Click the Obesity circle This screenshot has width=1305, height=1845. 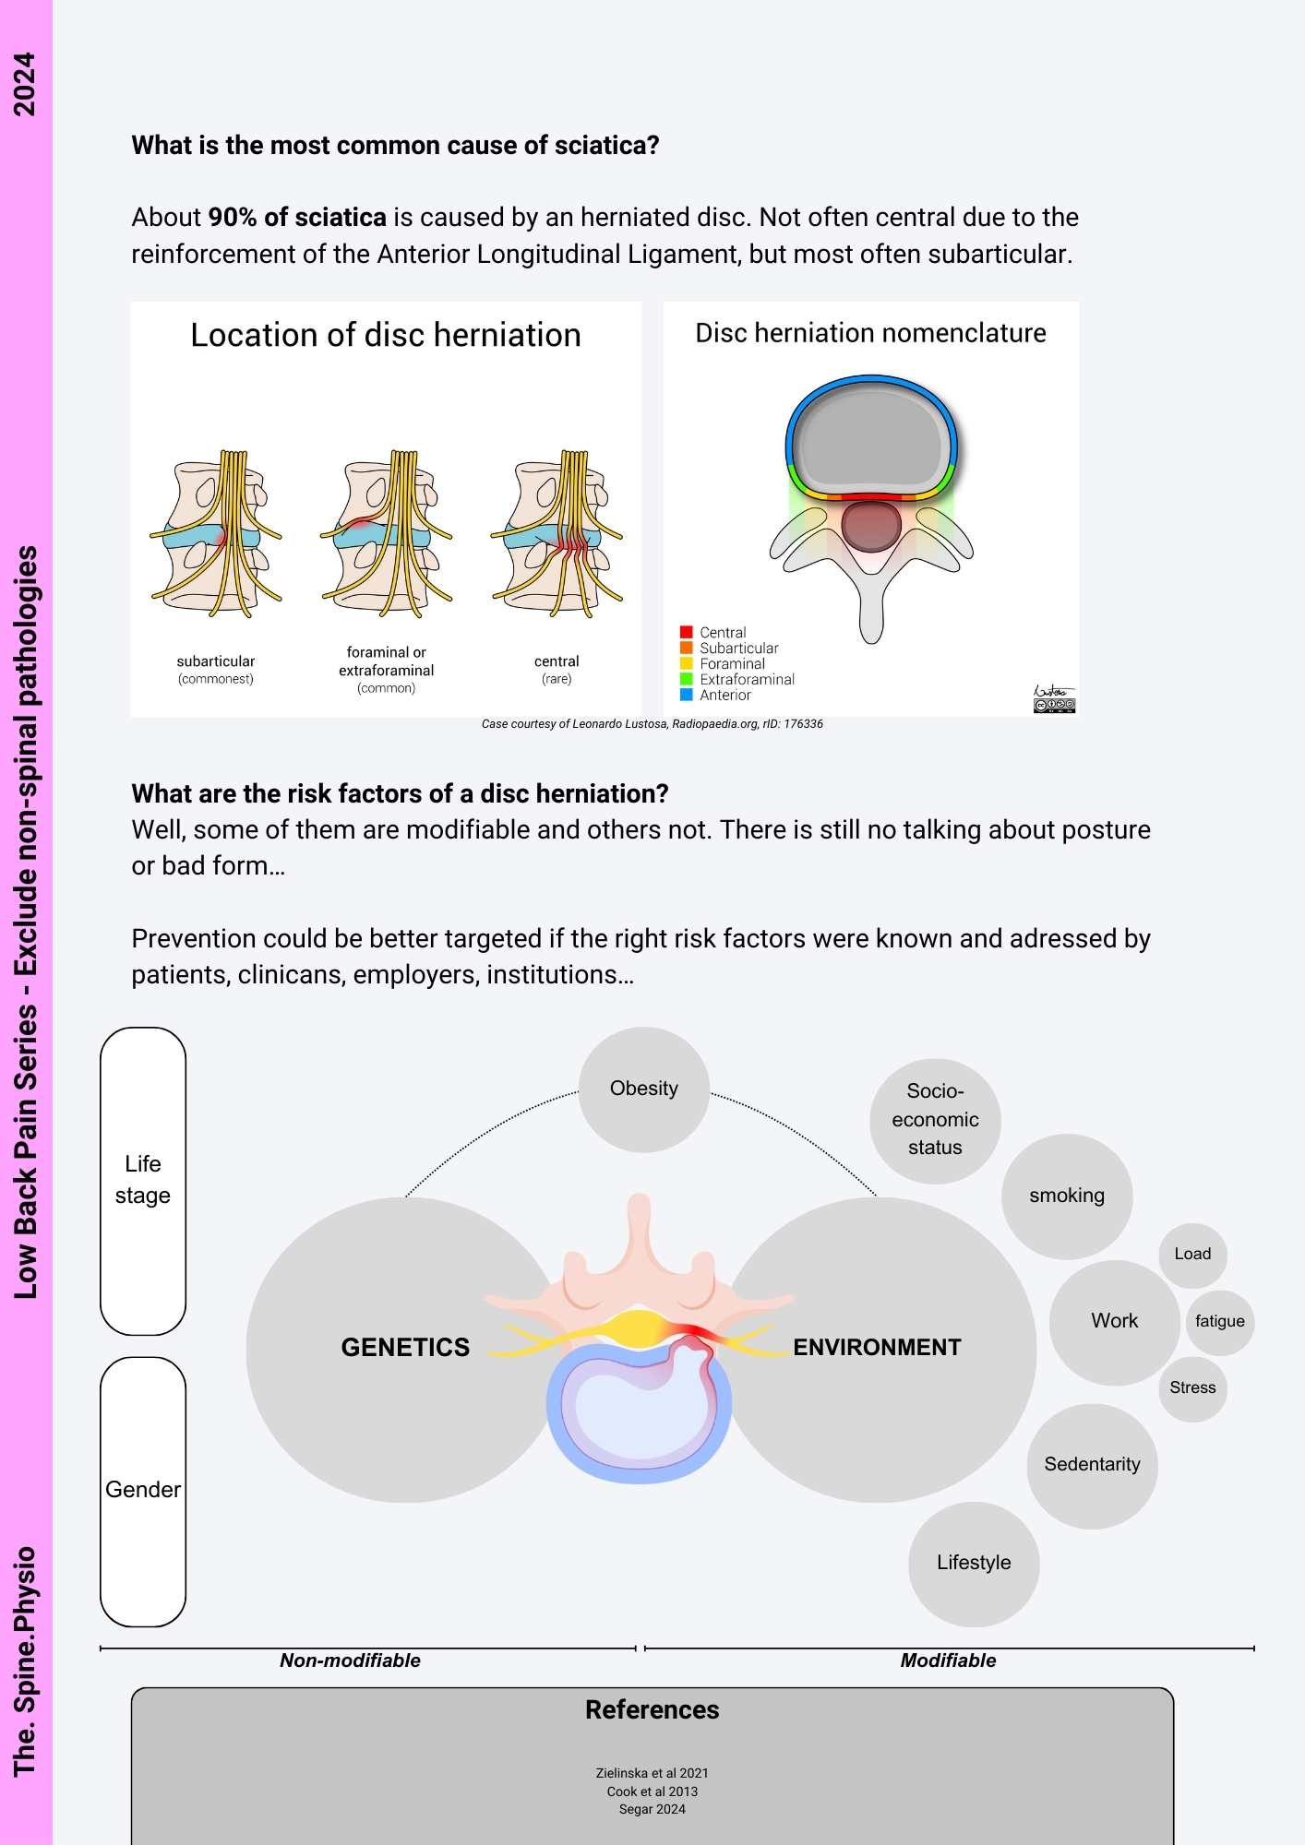pyautogui.click(x=643, y=1089)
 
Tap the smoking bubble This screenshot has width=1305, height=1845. pyautogui.click(x=1067, y=1196)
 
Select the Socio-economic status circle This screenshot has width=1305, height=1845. pyautogui.click(x=935, y=1120)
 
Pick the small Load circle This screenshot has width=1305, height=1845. pyautogui.click(x=1192, y=1255)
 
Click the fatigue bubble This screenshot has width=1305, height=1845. pyautogui.click(x=1219, y=1322)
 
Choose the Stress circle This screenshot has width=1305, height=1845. pyautogui.click(x=1192, y=1388)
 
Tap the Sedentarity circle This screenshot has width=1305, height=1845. pyautogui.click(x=1092, y=1465)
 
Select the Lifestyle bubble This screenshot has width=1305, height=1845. pyautogui.click(x=974, y=1563)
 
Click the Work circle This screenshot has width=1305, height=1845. pyautogui.click(x=1114, y=1321)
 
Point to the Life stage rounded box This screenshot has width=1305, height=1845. pyautogui.click(x=143, y=1180)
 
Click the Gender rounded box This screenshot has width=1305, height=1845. pyautogui.click(x=143, y=1490)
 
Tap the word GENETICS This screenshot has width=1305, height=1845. pyautogui.click(x=405, y=1348)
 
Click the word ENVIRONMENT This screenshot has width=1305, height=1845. pyautogui.click(x=877, y=1348)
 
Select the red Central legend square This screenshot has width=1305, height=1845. pyautogui.click(x=687, y=632)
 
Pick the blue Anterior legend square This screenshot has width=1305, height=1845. pyautogui.click(x=687, y=695)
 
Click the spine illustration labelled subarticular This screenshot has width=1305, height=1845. pyautogui.click(x=216, y=535)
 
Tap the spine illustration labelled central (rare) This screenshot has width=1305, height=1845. pyautogui.click(x=557, y=535)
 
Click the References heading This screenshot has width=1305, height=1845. pyautogui.click(x=652, y=1709)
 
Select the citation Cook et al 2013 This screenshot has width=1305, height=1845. pyautogui.click(x=652, y=1791)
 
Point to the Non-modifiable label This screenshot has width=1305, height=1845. pyautogui.click(x=350, y=1660)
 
